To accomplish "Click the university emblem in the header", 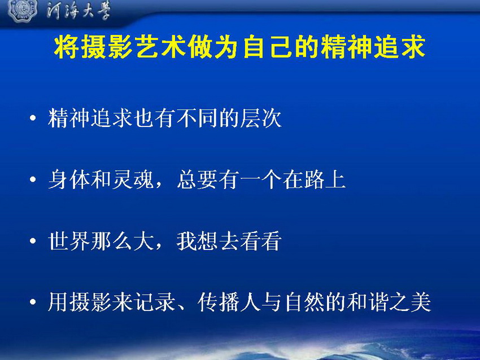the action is click(x=22, y=10).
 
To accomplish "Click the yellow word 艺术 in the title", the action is click(x=160, y=47).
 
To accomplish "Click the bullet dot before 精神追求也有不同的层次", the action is click(x=33, y=118).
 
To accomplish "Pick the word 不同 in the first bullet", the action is click(x=198, y=118).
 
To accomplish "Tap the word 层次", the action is click(x=261, y=118).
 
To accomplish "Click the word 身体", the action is click(x=69, y=179).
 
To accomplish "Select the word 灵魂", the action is click(x=133, y=179).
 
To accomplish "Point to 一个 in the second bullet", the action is click(x=260, y=179).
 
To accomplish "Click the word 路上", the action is click(x=325, y=179).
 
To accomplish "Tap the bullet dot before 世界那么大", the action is click(x=33, y=241).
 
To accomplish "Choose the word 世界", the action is click(x=69, y=241).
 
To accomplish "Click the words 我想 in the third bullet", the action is click(x=197, y=241).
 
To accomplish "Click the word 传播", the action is click(x=218, y=302).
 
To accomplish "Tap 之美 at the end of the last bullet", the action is click(x=410, y=302).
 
